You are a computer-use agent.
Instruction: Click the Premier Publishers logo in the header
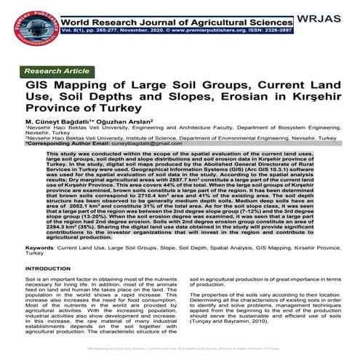24,23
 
